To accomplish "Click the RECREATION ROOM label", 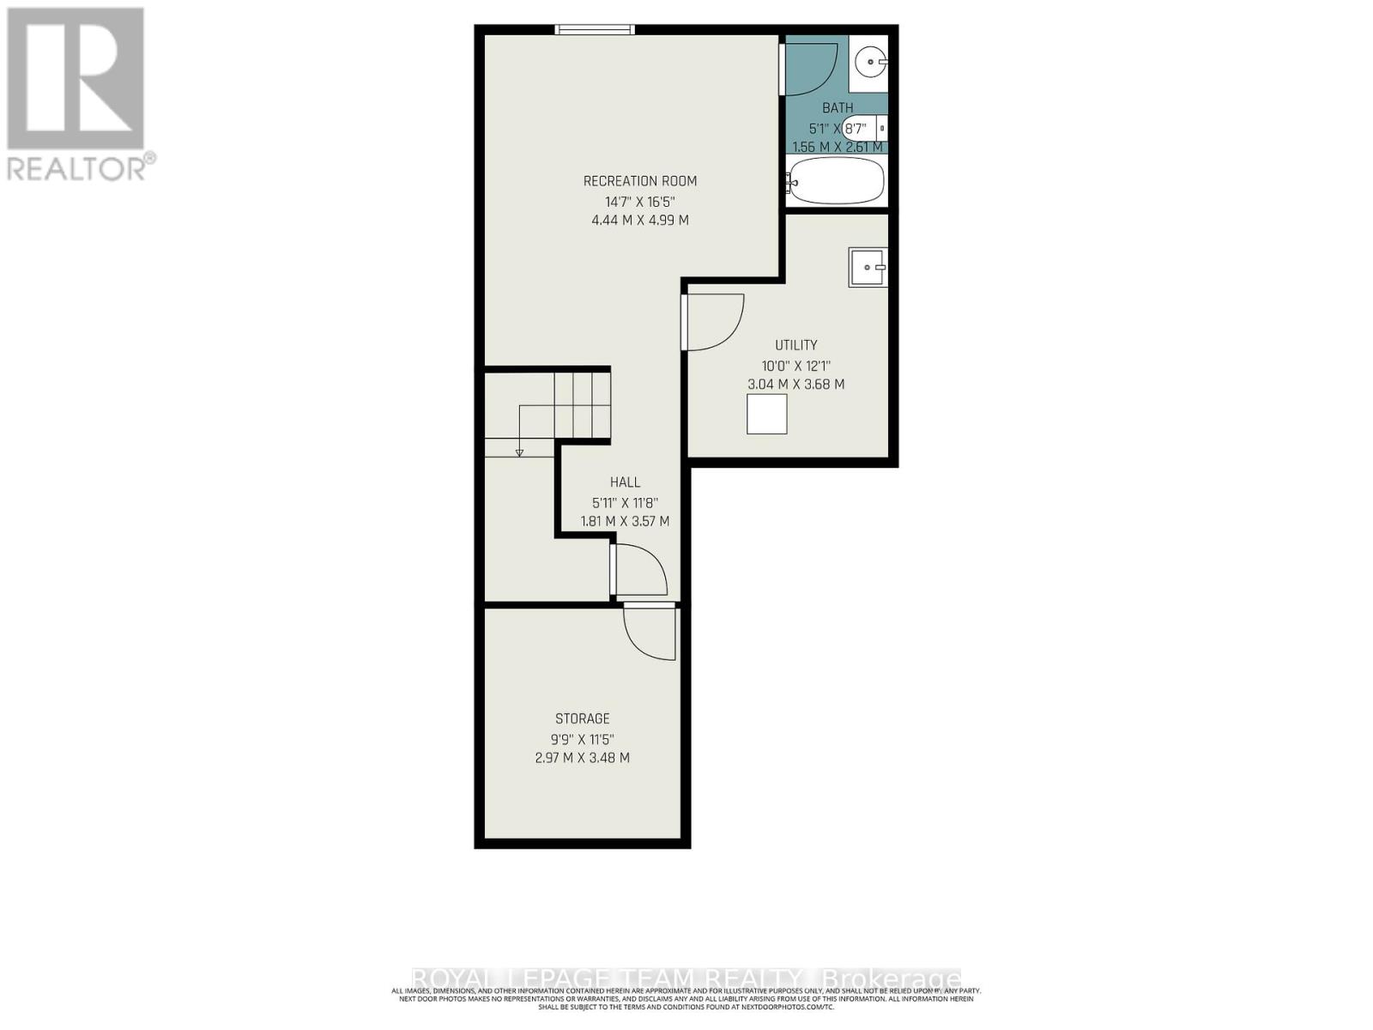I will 639,181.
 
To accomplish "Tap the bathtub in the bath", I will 837,181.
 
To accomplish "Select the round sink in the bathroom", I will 869,61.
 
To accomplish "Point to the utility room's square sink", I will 868,268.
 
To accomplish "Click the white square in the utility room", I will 766,414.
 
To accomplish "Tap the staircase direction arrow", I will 519,451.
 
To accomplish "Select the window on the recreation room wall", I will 595,30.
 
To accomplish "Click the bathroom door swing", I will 810,69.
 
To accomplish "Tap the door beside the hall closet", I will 641,570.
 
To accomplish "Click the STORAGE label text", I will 582,718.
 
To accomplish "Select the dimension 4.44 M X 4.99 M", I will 639,221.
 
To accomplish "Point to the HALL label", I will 625,482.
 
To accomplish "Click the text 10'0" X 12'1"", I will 795,365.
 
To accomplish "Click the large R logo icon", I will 76,78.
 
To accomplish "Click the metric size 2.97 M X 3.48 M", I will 582,758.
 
